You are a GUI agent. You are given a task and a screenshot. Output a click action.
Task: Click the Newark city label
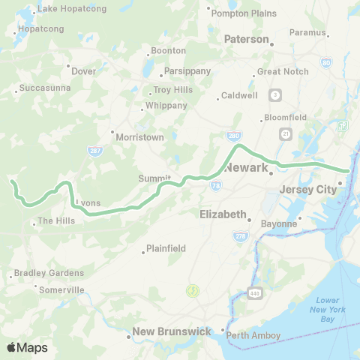coord(246,166)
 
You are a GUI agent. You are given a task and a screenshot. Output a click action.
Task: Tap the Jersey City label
coord(307,190)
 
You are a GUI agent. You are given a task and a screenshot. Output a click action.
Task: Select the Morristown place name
coord(139,137)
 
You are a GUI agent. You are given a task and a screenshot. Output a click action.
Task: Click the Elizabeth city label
coord(223,214)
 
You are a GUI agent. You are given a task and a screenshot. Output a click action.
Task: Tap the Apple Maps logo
coord(26,347)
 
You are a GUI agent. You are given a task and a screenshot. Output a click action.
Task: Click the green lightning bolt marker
coord(193,289)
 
